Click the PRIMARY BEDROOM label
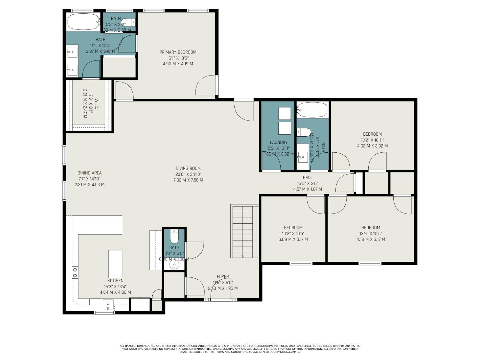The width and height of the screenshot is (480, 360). pos(178,52)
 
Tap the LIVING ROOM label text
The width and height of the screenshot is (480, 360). pos(188,168)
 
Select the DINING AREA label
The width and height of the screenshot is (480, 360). pos(89,173)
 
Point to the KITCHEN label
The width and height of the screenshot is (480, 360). pos(115,281)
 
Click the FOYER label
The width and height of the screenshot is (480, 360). pos(223,276)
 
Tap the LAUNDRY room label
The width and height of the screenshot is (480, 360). pos(278,142)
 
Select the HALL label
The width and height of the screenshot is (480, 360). pos(307,178)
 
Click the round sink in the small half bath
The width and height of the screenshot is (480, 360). pos(174,265)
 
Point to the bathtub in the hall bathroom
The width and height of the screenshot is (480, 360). pos(312,110)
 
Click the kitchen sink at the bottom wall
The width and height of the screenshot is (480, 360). pos(108,305)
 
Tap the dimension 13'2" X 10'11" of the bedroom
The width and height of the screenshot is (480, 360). pos(372,140)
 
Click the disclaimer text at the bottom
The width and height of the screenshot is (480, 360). pos(240,349)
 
